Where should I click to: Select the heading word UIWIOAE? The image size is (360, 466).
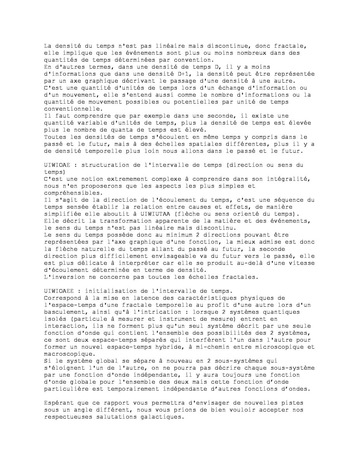(x=56, y=165)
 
